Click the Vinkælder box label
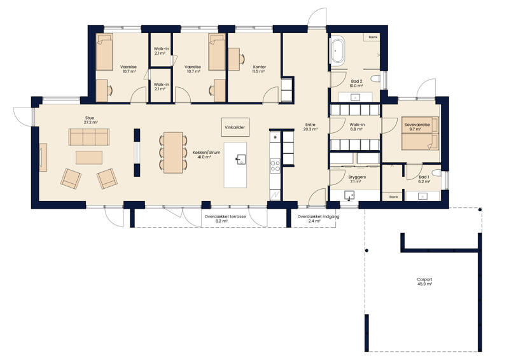coord(235,127)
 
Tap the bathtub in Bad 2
coord(338,51)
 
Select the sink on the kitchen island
coord(241,159)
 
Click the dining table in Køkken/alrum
coord(173,152)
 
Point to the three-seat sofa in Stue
coord(89,137)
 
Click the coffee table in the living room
coord(89,158)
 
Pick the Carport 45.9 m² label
coord(424,281)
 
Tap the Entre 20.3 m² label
coord(310,127)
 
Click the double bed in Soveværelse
coord(420,134)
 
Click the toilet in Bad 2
coord(376,79)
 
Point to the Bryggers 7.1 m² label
coord(357,179)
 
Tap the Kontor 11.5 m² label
coord(260,69)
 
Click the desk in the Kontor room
coord(234,59)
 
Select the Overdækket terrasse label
coord(225,216)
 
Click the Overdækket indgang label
coord(318,216)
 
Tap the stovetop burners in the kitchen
coord(275,165)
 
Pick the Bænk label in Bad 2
coord(373,38)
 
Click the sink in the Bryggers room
coord(349,195)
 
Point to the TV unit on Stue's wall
coord(43,158)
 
